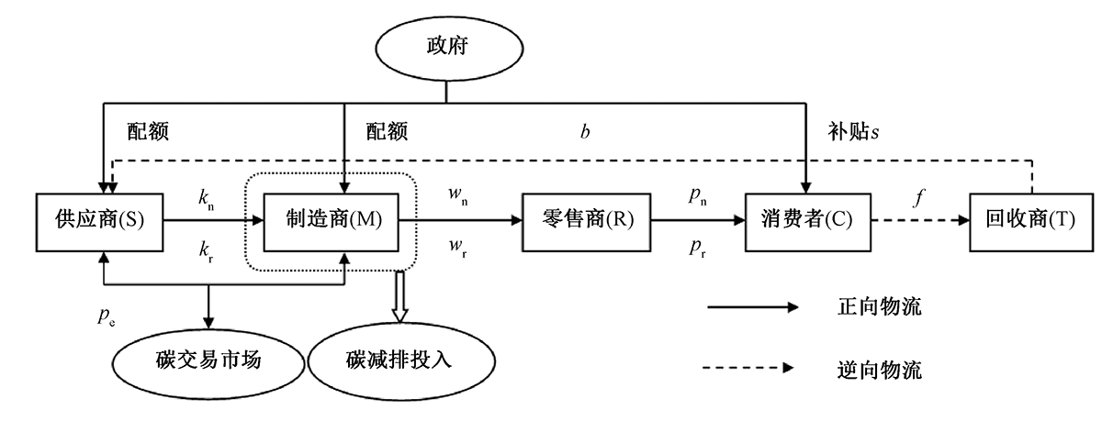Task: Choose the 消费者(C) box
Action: point(806,220)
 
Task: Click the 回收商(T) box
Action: point(1031,220)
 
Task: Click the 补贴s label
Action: point(849,131)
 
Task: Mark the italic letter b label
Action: point(584,131)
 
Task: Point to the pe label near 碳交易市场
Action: point(107,316)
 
